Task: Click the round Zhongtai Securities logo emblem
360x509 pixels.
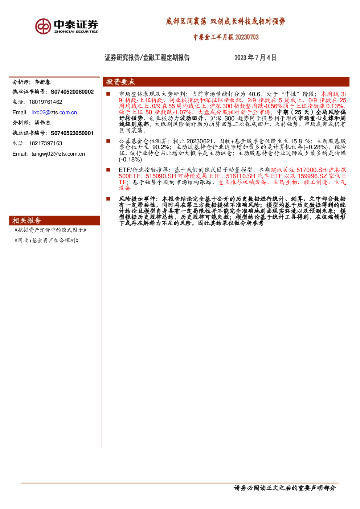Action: (x=43, y=26)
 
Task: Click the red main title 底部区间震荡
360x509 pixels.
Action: (x=186, y=21)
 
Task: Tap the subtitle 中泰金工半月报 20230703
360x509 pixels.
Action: (x=226, y=37)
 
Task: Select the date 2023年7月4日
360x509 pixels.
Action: (x=255, y=57)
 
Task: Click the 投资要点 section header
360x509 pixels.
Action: (x=120, y=82)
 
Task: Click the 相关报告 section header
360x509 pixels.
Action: (x=27, y=221)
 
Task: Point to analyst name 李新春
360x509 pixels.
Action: (x=42, y=82)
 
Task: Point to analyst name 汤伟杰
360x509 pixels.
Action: (x=42, y=123)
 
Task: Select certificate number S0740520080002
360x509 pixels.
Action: (x=72, y=92)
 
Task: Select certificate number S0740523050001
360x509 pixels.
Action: (x=72, y=133)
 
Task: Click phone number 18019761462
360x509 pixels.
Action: (x=46, y=102)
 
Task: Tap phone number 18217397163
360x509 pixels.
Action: (x=46, y=143)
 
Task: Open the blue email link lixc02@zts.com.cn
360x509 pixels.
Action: (x=54, y=112)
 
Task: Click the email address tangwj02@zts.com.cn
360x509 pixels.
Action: (x=58, y=154)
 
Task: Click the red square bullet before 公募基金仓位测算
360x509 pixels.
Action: (x=108, y=141)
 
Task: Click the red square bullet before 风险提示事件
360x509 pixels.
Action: (x=108, y=199)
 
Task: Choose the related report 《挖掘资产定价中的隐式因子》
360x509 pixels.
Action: (x=50, y=230)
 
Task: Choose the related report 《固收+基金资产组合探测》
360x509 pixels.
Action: (x=46, y=241)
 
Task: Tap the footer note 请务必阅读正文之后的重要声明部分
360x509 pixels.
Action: (x=285, y=488)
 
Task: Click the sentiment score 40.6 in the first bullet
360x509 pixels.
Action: (x=254, y=94)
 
